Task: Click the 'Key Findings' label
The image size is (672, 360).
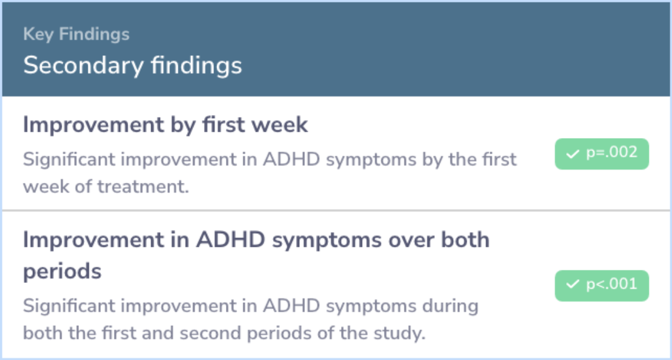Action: pos(77,34)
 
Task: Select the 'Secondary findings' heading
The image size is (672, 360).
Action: pos(133,65)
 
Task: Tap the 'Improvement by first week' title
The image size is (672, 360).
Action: pos(166,125)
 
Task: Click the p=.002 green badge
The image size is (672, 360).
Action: pos(602,154)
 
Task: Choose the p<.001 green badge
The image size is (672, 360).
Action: pos(602,285)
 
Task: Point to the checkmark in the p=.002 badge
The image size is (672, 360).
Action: pos(572,154)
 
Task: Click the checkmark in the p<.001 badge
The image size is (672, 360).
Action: pos(572,284)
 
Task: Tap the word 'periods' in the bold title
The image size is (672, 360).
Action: pos(62,271)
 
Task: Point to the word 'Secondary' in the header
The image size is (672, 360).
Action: pos(83,65)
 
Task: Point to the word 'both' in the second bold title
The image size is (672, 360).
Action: pos(465,240)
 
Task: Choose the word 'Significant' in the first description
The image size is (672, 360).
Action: pos(68,160)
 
